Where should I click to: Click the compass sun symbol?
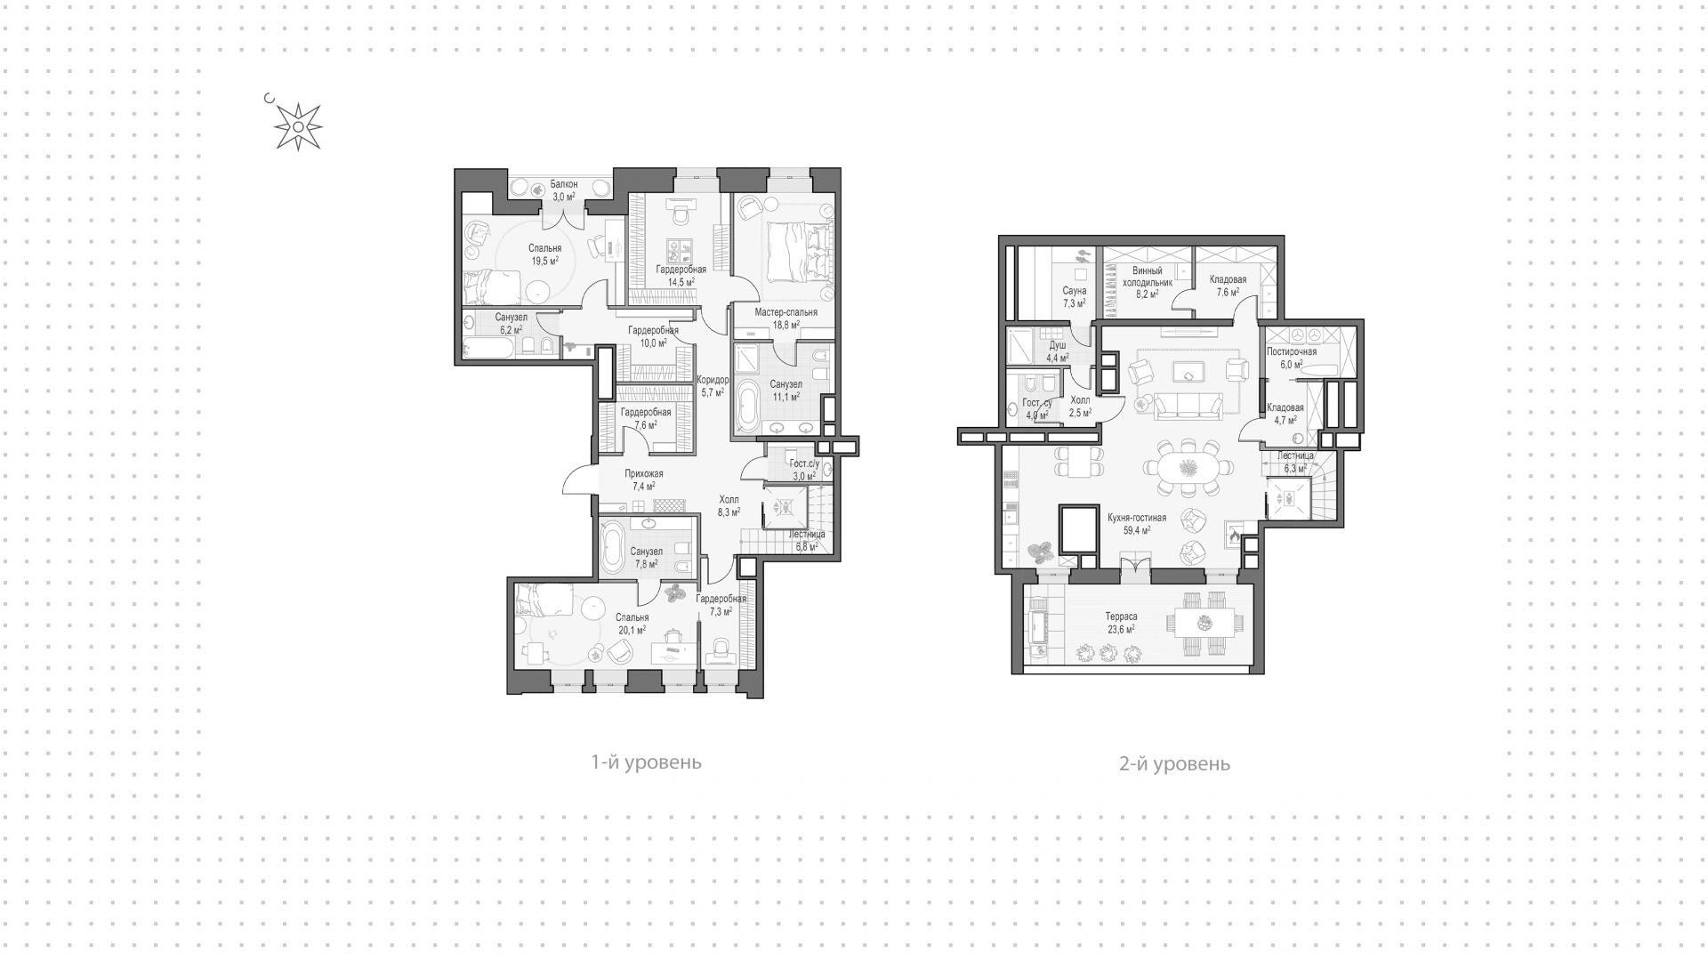pyautogui.click(x=298, y=127)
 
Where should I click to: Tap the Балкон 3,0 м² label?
pyautogui.click(x=563, y=190)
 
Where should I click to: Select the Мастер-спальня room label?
pyautogui.click(x=786, y=312)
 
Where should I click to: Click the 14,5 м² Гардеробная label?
pyautogui.click(x=681, y=275)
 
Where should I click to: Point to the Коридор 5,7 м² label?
pyautogui.click(x=713, y=385)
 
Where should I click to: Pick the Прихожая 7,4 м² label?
pyautogui.click(x=643, y=479)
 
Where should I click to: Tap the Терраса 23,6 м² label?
pyautogui.click(x=1121, y=623)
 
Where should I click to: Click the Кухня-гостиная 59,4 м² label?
pyautogui.click(x=1137, y=523)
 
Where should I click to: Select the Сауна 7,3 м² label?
pyautogui.click(x=1074, y=297)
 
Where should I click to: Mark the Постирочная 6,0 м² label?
pyautogui.click(x=1291, y=358)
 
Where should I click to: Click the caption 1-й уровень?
pyautogui.click(x=646, y=762)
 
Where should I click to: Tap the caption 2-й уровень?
pyautogui.click(x=1174, y=763)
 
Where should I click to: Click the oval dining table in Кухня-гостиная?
pyautogui.click(x=1188, y=468)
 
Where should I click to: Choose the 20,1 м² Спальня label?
pyautogui.click(x=632, y=624)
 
